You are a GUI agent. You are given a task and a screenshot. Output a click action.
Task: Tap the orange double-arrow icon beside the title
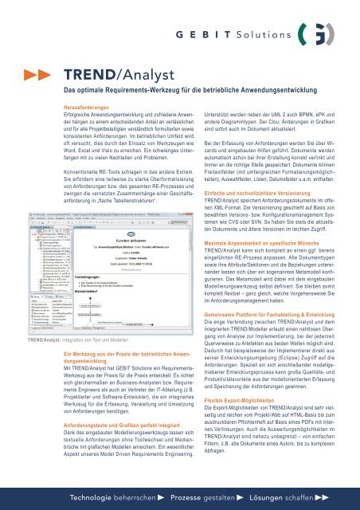pos(35,74)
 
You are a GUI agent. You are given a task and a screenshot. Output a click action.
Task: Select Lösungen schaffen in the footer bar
pos(299,496)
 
